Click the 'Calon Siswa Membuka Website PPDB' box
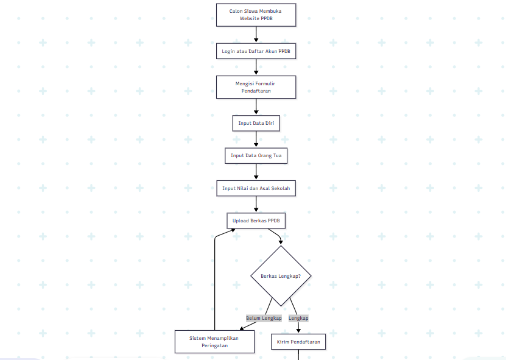click(x=256, y=15)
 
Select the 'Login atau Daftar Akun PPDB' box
click(x=256, y=51)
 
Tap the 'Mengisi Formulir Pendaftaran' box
click(x=256, y=87)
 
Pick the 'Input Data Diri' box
click(x=256, y=123)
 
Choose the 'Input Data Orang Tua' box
click(x=256, y=155)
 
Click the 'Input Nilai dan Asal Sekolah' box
click(x=256, y=188)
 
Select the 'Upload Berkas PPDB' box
click(x=256, y=221)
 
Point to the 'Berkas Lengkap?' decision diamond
click(x=281, y=276)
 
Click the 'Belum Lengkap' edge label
click(x=264, y=318)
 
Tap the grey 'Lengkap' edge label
click(x=298, y=318)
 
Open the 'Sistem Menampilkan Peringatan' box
click(x=214, y=342)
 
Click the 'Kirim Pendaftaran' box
click(x=298, y=342)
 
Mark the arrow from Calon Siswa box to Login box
click(x=256, y=35)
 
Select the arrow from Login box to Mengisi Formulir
click(x=256, y=67)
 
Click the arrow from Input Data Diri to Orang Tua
click(x=256, y=139)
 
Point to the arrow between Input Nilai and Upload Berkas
click(x=256, y=204)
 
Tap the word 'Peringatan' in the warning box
click(x=214, y=345)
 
